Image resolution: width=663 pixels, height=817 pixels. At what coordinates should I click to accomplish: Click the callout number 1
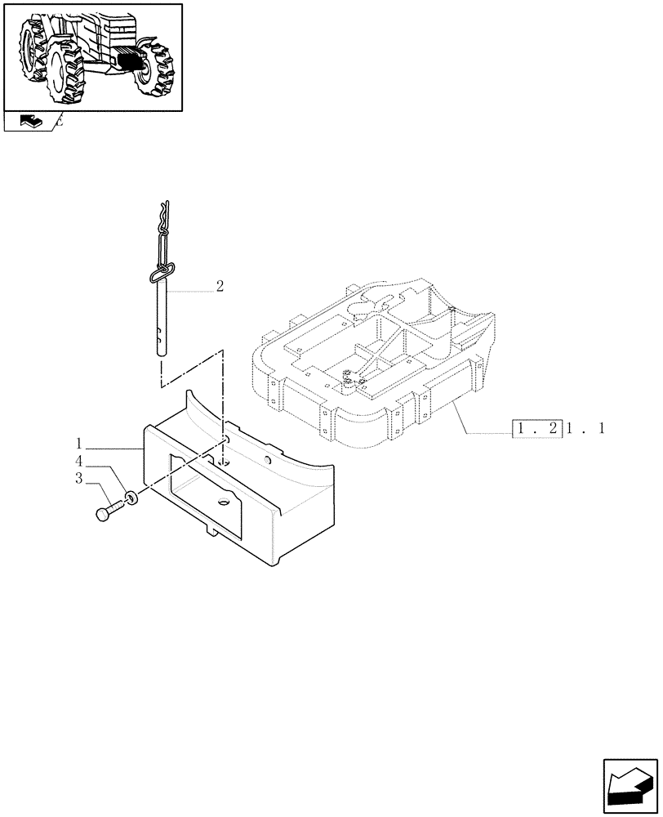click(80, 444)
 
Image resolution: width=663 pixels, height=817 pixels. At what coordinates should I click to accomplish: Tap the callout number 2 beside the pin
click(220, 286)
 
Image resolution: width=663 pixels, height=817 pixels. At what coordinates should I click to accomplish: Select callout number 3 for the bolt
click(80, 479)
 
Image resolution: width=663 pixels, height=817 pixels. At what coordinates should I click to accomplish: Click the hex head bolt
click(106, 512)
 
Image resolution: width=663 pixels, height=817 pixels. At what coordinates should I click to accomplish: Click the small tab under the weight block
click(213, 531)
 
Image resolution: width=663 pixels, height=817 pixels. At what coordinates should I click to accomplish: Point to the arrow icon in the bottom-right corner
click(630, 786)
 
